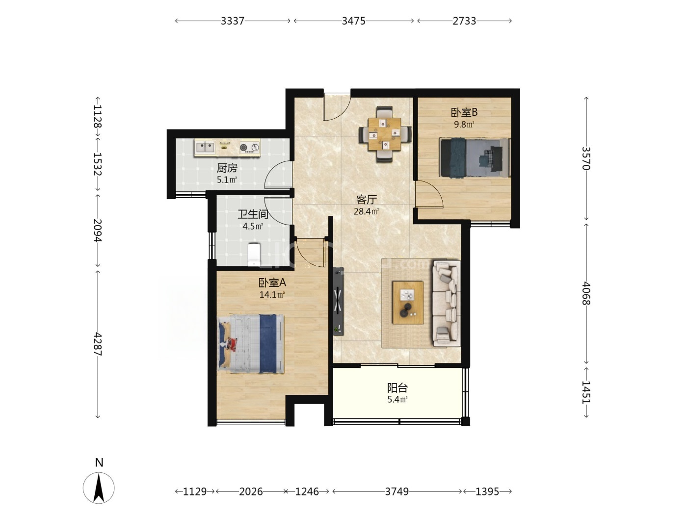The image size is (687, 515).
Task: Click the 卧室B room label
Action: [464, 112]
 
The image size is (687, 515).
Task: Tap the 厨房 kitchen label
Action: [227, 168]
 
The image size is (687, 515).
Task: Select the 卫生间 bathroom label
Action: [253, 214]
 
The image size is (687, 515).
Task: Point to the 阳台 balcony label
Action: [397, 388]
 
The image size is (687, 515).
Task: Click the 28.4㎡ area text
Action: [366, 211]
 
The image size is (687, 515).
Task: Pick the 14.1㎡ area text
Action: [272, 295]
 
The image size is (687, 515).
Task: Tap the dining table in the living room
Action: [385, 134]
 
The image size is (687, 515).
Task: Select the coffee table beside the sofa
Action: [408, 302]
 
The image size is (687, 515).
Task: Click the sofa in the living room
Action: [447, 303]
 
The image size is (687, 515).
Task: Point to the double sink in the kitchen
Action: [205, 147]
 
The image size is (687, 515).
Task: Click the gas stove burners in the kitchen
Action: [249, 147]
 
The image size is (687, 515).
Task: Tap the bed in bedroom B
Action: [475, 158]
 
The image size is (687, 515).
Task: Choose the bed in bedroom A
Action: [251, 344]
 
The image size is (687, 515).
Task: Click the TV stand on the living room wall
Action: [338, 301]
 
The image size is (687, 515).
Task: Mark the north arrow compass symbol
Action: [99, 488]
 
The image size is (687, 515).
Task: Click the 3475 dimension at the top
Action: [354, 21]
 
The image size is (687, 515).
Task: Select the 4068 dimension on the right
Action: [586, 294]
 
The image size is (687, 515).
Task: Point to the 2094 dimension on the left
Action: [98, 231]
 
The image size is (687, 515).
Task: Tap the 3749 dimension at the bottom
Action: [397, 491]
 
